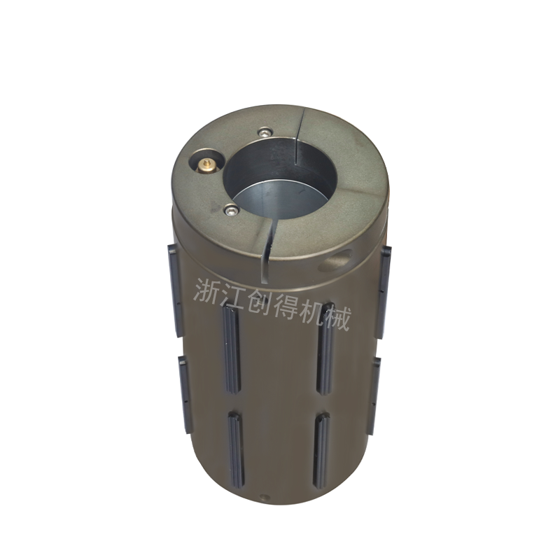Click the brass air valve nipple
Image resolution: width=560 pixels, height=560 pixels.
click(x=206, y=164)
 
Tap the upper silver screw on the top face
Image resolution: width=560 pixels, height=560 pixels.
click(x=265, y=132)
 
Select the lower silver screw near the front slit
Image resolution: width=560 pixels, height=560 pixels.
click(x=231, y=210)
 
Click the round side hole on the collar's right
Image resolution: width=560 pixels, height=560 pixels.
click(x=337, y=260)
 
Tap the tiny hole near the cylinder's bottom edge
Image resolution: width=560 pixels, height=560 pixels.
click(x=264, y=497)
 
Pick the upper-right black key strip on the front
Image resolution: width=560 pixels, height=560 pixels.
click(x=326, y=349)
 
